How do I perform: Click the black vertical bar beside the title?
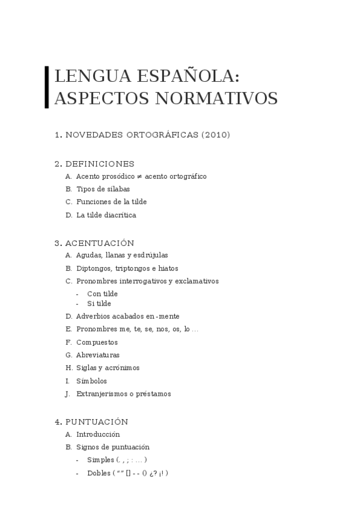click(x=47, y=87)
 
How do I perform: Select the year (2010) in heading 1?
click(x=216, y=135)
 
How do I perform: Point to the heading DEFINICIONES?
click(x=100, y=164)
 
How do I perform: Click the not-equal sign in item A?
click(x=139, y=177)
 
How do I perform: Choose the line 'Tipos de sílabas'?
click(x=103, y=189)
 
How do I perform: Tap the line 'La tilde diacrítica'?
click(x=106, y=215)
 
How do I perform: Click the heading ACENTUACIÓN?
click(x=99, y=243)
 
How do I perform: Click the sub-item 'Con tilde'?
click(x=102, y=294)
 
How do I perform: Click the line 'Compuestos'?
click(x=97, y=342)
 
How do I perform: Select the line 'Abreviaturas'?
click(x=97, y=355)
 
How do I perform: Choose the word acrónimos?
click(x=124, y=368)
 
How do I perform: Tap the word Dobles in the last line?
click(x=99, y=473)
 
